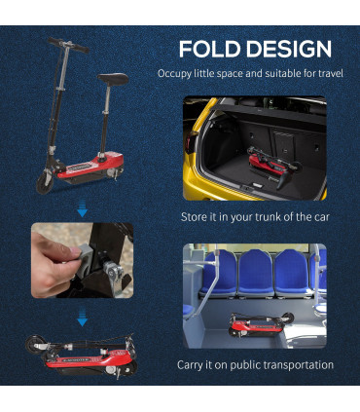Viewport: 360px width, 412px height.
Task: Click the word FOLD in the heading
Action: pyautogui.click(x=210, y=50)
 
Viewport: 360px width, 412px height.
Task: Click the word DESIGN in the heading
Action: pyautogui.click(x=289, y=50)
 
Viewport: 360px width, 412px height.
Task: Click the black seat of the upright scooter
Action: pyautogui.click(x=113, y=79)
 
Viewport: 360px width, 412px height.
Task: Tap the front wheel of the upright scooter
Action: pyautogui.click(x=45, y=183)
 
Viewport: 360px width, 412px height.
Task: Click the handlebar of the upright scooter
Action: pyautogui.click(x=68, y=45)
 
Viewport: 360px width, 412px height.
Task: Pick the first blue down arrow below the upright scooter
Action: pyautogui.click(x=83, y=208)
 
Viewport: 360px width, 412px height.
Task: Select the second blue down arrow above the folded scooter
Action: pyautogui.click(x=83, y=318)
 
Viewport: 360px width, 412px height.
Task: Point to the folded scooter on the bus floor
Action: pyautogui.click(x=260, y=324)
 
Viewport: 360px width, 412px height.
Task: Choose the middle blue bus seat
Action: pyautogui.click(x=256, y=273)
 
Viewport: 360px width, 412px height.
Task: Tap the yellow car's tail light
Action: pyautogui.click(x=189, y=143)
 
